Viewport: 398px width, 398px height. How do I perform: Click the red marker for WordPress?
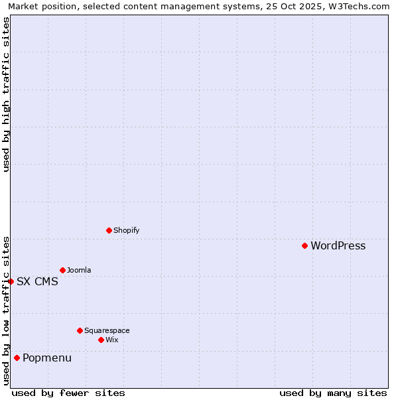click(x=304, y=245)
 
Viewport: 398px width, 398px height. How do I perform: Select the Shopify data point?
click(x=109, y=230)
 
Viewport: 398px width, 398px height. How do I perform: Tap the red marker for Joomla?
click(x=62, y=270)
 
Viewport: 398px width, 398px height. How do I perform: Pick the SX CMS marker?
click(x=11, y=281)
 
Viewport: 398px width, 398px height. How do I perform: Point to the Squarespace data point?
click(x=80, y=330)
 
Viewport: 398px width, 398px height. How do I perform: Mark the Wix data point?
click(x=101, y=340)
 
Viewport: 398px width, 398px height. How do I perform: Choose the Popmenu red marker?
click(x=17, y=358)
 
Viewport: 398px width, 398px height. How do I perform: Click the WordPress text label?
click(x=338, y=246)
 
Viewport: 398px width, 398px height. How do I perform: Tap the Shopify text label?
click(x=126, y=231)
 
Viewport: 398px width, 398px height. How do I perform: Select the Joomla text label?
click(x=79, y=271)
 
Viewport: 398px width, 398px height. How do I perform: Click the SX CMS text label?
click(x=37, y=282)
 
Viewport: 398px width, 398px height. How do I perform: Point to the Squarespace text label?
click(x=107, y=331)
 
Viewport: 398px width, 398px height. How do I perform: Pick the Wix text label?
click(x=111, y=340)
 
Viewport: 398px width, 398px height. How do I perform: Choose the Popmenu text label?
click(x=47, y=359)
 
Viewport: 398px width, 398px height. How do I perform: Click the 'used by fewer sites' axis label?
click(x=68, y=393)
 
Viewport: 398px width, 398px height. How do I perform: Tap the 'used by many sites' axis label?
click(x=333, y=393)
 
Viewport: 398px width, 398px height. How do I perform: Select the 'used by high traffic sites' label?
click(x=6, y=94)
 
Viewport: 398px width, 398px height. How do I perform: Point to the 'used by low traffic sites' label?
click(x=6, y=310)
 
